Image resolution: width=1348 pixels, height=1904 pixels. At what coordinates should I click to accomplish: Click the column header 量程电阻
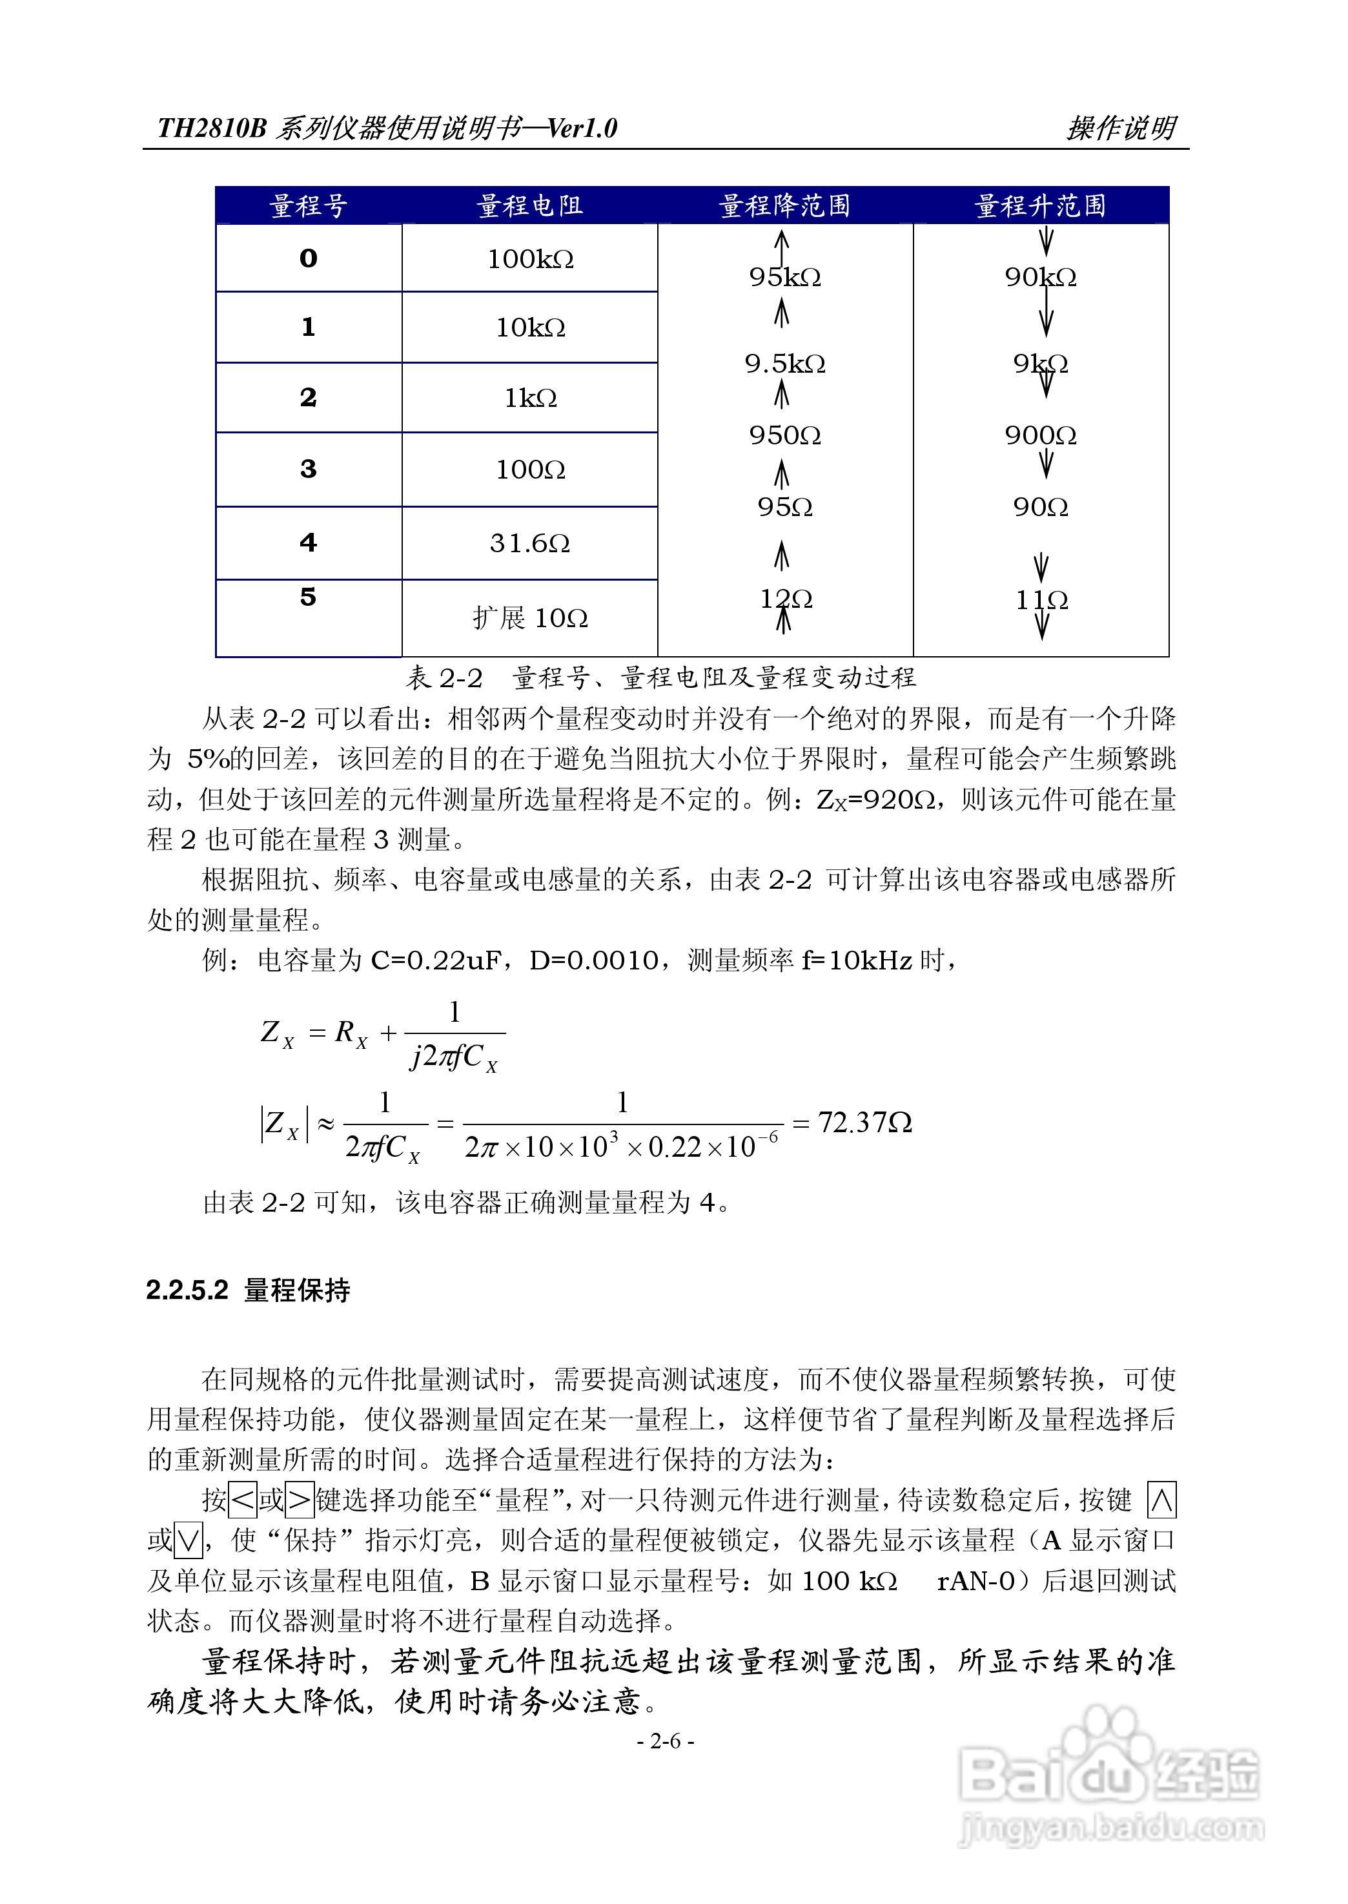(529, 205)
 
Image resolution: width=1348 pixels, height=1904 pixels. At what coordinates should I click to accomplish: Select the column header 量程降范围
(784, 205)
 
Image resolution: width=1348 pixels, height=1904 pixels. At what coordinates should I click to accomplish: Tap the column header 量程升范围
(1040, 205)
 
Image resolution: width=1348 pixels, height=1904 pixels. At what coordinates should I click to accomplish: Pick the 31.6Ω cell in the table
(529, 543)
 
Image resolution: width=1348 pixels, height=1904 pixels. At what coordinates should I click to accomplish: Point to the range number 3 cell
(308, 469)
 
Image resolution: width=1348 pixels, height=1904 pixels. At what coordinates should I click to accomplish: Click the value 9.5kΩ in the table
(784, 364)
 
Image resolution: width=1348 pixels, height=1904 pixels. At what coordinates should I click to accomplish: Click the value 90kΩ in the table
(1040, 277)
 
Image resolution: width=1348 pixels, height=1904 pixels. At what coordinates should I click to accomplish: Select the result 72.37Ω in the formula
(865, 1123)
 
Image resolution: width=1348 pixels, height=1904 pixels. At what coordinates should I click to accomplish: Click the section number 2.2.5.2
(187, 1290)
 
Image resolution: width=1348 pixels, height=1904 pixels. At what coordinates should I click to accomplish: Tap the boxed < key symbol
(242, 1500)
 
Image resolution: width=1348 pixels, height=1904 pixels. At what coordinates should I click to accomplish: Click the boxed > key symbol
(300, 1500)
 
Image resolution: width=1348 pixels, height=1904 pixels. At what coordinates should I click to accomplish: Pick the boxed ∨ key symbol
(189, 1540)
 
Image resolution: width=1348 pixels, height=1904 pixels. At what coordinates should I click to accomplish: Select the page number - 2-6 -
(666, 1741)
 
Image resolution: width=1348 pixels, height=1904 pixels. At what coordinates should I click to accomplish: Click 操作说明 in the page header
(1121, 128)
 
